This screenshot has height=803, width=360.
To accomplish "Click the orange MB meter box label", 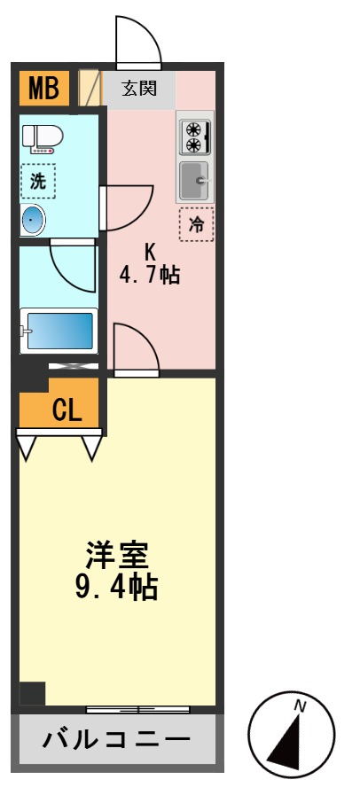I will (x=43, y=88).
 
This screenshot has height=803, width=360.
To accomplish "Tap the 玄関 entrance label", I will (x=139, y=89).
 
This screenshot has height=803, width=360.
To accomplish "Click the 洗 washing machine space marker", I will (x=38, y=183).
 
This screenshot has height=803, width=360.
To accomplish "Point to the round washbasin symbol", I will (x=34, y=220).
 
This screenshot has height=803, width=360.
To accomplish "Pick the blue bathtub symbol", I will (x=59, y=331).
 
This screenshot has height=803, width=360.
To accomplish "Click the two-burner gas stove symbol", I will (x=193, y=136).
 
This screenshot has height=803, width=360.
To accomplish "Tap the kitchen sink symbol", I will (x=194, y=182).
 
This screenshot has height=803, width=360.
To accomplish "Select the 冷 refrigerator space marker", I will (x=196, y=225).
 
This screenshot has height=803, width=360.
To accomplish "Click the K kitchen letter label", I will (x=150, y=250).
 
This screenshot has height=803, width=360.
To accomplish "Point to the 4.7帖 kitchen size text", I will (x=150, y=274).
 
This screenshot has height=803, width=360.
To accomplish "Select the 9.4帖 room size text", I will (x=117, y=587).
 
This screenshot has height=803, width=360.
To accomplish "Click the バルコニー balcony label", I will (x=116, y=738).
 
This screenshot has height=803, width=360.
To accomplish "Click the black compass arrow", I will (x=289, y=740).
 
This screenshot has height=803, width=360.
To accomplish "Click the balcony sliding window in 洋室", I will (x=137, y=709).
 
